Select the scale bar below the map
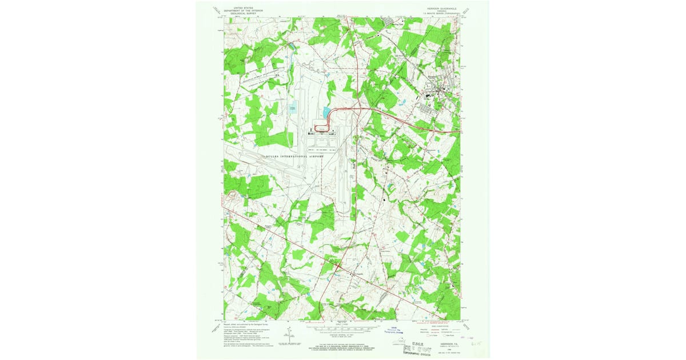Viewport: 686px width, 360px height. click(x=343, y=329)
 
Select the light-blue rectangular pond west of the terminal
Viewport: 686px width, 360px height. click(x=293, y=107)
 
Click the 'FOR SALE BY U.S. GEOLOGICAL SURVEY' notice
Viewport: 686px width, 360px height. click(x=344, y=346)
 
